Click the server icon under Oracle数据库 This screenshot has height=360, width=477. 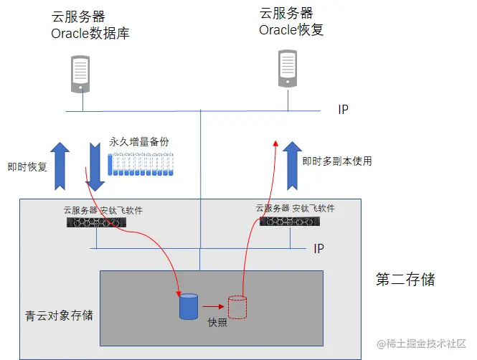click(x=80, y=73)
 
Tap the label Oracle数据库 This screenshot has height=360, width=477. click(x=90, y=34)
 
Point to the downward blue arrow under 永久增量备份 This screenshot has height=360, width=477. click(x=95, y=167)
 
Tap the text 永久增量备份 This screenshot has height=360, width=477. click(x=139, y=142)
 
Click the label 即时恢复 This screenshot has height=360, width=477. click(x=27, y=167)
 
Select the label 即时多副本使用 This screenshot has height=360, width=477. click(x=336, y=161)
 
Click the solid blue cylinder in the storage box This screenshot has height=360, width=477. click(x=188, y=306)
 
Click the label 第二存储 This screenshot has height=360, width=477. click(x=405, y=279)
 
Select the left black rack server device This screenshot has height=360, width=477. click(x=96, y=223)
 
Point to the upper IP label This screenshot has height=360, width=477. click(x=344, y=110)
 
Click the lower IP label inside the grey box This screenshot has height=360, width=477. click(x=318, y=248)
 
